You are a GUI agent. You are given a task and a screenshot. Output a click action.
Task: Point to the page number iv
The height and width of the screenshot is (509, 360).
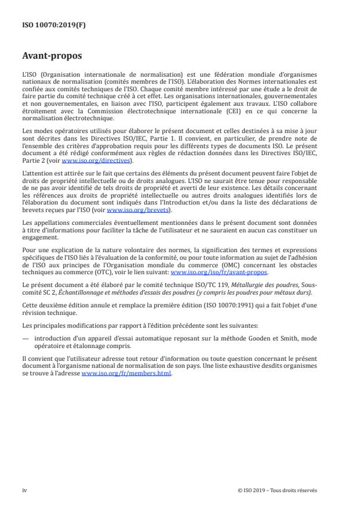pos(24,490)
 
